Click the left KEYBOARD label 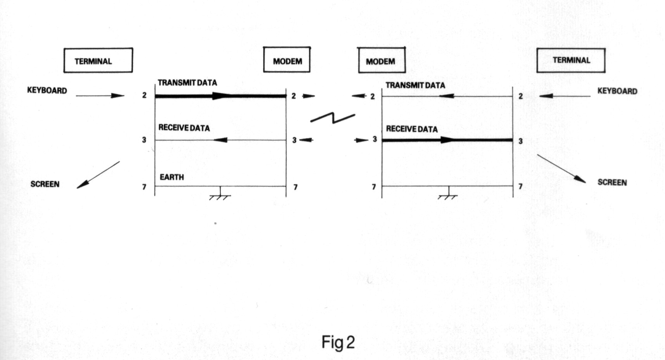point(47,90)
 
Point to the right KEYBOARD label point(617,91)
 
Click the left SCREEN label point(45,184)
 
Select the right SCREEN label point(612,182)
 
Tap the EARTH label point(172,177)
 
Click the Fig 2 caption point(338,343)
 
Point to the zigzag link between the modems point(333,118)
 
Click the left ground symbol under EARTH point(220,193)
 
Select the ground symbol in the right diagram point(448,193)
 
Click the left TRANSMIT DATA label point(187,83)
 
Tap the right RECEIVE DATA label point(412,129)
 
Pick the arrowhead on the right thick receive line point(448,140)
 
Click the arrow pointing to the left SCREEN point(98,175)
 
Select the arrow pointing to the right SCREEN point(561,169)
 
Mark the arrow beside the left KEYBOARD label point(100,95)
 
